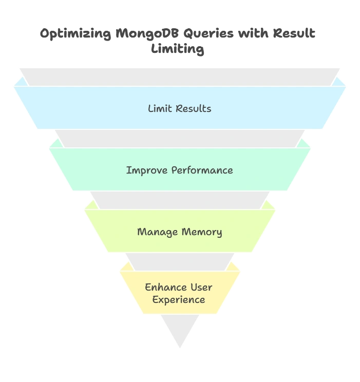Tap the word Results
193,108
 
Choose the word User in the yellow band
202,287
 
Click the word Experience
179,300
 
